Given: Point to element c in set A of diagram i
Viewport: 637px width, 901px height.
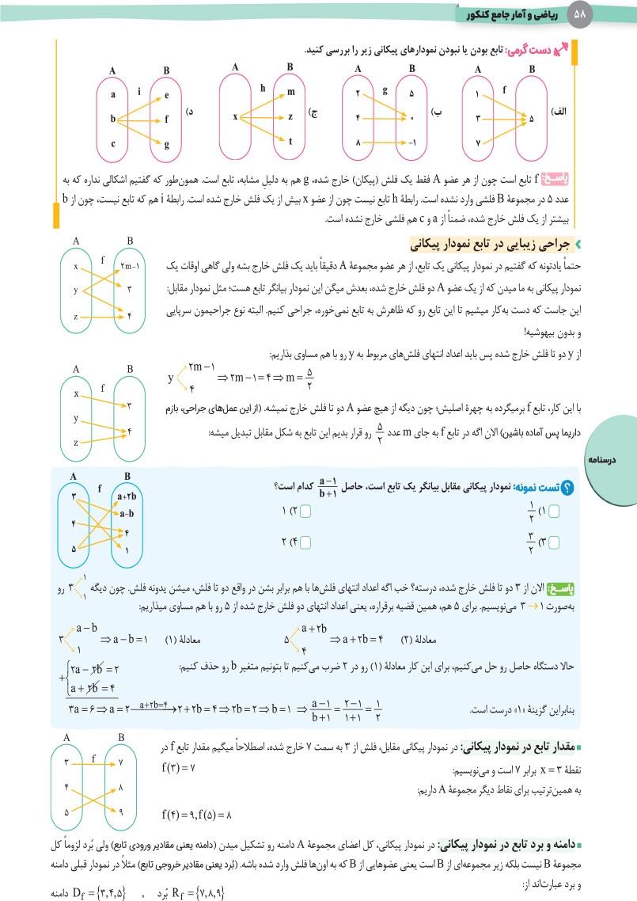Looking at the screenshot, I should click(113, 143).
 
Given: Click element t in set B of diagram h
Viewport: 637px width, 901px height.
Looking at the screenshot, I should click(290, 143).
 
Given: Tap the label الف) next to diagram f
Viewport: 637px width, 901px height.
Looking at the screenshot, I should click(558, 113).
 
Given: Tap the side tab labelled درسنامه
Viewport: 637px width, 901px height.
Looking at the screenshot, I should click(609, 459).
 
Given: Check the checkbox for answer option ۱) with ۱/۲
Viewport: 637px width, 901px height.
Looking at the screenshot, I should click(552, 512).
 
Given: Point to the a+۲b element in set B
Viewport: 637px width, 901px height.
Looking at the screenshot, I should click(126, 496).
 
